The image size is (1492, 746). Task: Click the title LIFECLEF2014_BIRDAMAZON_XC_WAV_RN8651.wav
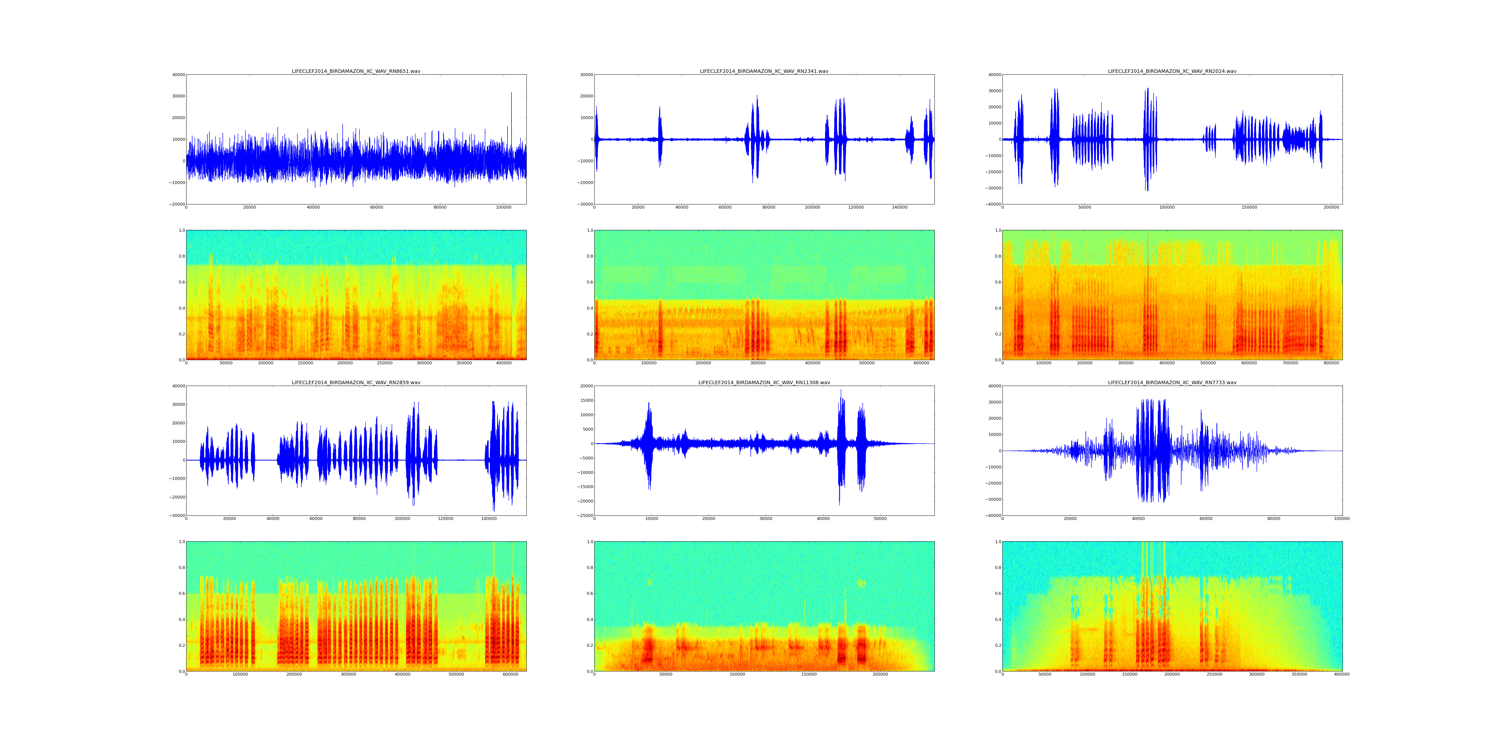pos(356,71)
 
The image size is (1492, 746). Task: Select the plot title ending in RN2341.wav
pos(764,71)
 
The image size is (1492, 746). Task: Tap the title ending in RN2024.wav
pos(1172,71)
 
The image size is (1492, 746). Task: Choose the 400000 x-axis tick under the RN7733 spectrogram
pos(1341,674)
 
